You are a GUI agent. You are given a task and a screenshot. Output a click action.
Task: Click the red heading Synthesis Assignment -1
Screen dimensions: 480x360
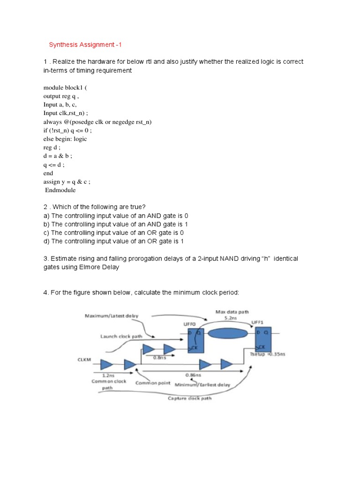coord(85,45)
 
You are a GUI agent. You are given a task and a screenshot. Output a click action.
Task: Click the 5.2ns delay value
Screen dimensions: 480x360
coord(231,318)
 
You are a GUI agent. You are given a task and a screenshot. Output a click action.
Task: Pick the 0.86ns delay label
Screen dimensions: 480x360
coord(190,375)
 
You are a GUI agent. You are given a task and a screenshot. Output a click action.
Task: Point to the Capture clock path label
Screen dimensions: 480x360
coord(189,398)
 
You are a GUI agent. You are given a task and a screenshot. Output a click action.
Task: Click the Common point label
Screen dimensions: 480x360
coord(153,382)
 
